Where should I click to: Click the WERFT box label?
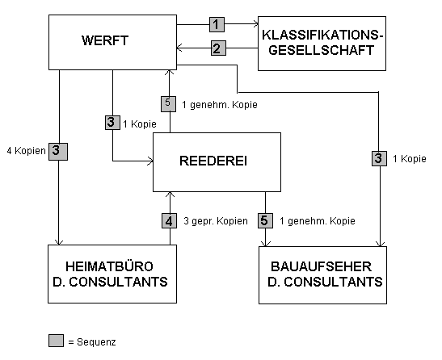point(105,40)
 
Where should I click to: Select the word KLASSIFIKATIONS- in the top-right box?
point(322,36)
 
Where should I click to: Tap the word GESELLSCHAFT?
point(321,50)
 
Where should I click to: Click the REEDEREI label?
point(213,161)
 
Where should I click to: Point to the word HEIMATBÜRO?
point(109,266)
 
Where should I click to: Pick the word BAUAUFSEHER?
point(321,266)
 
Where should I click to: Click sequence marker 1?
point(217,24)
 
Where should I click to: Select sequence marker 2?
point(218,48)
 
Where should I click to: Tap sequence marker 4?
point(169,220)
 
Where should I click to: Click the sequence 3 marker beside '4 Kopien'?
point(58,152)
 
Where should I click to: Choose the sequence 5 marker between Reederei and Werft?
point(168,104)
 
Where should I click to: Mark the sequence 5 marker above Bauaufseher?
point(265,220)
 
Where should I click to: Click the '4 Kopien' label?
point(26,151)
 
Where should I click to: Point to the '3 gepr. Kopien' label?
point(216,221)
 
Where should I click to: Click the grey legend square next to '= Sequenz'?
point(56,341)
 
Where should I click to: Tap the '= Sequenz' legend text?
point(92,342)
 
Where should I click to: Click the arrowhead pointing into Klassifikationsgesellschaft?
point(255,24)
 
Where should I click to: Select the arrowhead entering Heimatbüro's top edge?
point(59,241)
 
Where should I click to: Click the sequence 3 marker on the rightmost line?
point(379,158)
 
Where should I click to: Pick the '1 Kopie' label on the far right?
point(410,159)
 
